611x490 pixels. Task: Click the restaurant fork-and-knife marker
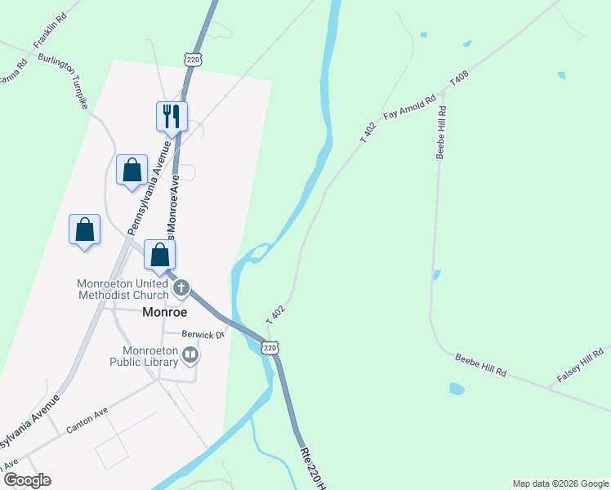172,115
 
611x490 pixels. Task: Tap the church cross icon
181,288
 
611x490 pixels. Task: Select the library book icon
190,354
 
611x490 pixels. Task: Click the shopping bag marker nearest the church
160,254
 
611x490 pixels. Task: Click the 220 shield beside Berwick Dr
270,348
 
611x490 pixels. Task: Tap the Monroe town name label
165,312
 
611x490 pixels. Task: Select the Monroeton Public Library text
145,354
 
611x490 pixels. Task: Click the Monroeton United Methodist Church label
123,289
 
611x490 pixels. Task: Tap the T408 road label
460,80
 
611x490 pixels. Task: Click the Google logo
26,480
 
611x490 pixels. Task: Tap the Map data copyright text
560,483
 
